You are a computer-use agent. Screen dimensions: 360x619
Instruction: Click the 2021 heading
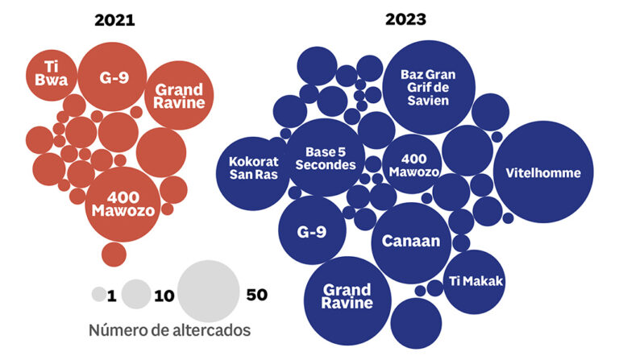pos(114,21)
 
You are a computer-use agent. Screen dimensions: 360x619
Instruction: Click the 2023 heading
pos(405,21)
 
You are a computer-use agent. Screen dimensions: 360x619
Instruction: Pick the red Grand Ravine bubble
pos(179,95)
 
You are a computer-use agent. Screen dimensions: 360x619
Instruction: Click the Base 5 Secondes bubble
pos(325,158)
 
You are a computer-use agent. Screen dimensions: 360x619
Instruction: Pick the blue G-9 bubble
pos(312,230)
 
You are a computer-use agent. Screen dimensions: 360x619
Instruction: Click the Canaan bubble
pos(411,242)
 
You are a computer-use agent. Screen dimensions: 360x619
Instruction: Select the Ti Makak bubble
pos(475,280)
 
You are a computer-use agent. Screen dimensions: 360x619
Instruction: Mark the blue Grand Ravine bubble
pos(347,296)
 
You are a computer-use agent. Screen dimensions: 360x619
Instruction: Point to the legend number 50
pos(256,295)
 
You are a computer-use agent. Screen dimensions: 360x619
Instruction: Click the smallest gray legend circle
pos(98,295)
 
